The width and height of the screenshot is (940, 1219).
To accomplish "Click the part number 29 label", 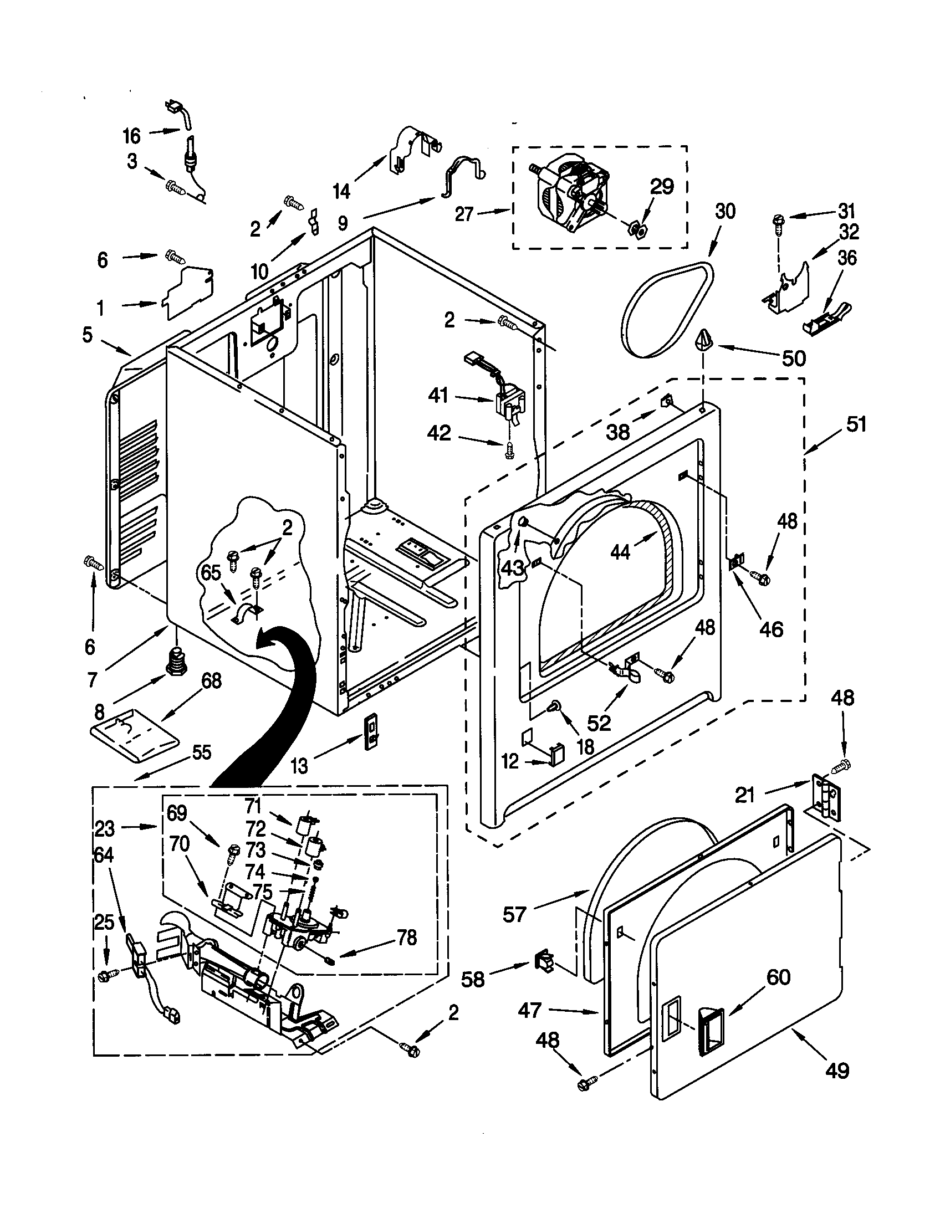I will [662, 186].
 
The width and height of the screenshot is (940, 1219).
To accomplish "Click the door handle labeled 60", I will [711, 1027].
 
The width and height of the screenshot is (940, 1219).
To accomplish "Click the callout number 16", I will [132, 136].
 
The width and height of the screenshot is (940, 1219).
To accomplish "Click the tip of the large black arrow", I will [258, 644].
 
